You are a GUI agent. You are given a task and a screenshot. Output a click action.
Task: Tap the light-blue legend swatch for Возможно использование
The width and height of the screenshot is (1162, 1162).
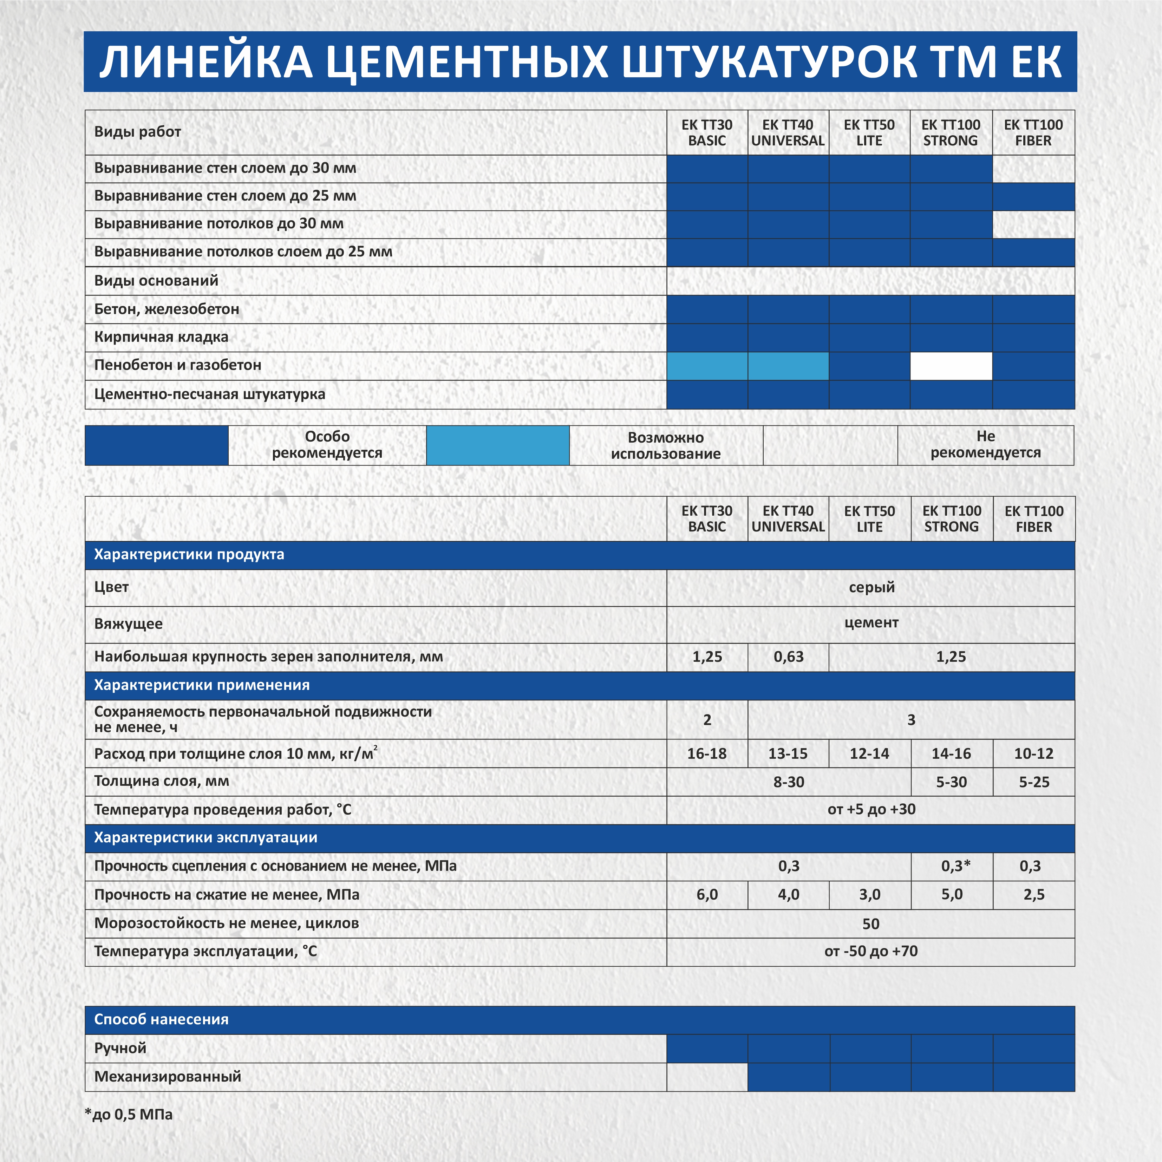click(497, 445)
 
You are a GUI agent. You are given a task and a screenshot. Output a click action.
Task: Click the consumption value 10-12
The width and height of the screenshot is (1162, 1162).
click(1033, 753)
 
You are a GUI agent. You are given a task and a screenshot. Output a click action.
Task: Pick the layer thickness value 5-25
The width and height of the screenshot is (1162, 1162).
click(1033, 782)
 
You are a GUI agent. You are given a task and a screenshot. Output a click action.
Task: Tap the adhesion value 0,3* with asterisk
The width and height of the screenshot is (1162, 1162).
click(955, 866)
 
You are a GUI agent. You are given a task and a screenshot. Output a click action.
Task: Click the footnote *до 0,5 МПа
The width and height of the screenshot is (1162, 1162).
click(129, 1115)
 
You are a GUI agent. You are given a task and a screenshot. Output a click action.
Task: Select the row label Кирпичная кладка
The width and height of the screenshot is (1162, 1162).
click(161, 337)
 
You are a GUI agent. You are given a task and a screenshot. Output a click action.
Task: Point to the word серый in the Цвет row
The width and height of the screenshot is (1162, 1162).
click(871, 587)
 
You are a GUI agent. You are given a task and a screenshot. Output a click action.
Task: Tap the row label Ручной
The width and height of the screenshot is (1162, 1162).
click(120, 1048)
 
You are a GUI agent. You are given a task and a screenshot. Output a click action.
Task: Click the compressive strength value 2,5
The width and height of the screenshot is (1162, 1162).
click(1033, 894)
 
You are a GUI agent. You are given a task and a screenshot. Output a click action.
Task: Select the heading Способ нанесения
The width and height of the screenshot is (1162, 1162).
click(161, 1019)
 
